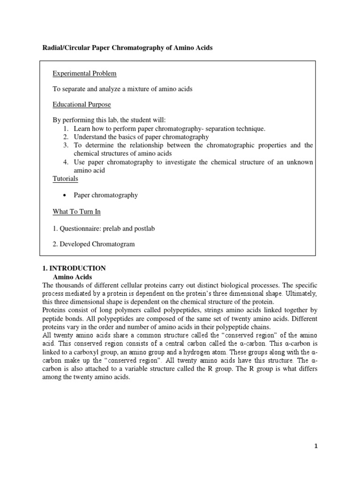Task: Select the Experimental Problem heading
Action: click(x=84, y=74)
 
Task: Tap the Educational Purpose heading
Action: click(x=82, y=104)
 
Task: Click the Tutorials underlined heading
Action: click(x=65, y=179)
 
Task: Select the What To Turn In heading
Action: click(x=76, y=212)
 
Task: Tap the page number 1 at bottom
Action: click(x=316, y=446)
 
